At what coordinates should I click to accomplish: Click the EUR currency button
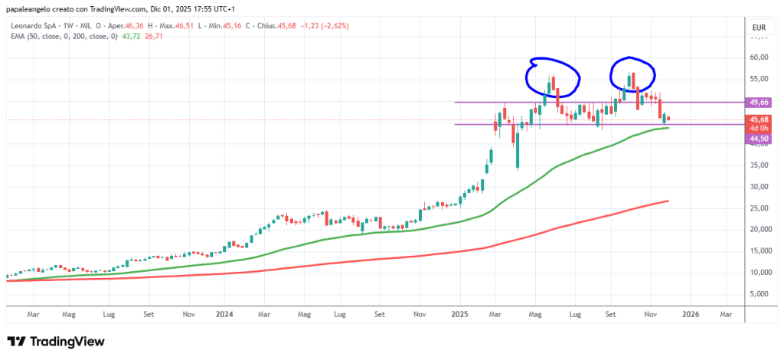tap(759, 28)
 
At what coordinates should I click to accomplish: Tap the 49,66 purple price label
tap(759, 102)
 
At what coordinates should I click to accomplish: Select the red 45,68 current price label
tap(759, 119)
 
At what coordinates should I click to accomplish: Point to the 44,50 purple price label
tap(759, 138)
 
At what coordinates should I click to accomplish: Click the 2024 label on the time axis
tap(225, 314)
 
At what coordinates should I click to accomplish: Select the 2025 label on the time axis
tap(460, 314)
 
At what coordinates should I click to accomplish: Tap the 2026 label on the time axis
tap(691, 314)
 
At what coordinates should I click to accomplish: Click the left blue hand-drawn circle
tap(552, 74)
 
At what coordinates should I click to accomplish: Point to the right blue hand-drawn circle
tap(632, 73)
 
